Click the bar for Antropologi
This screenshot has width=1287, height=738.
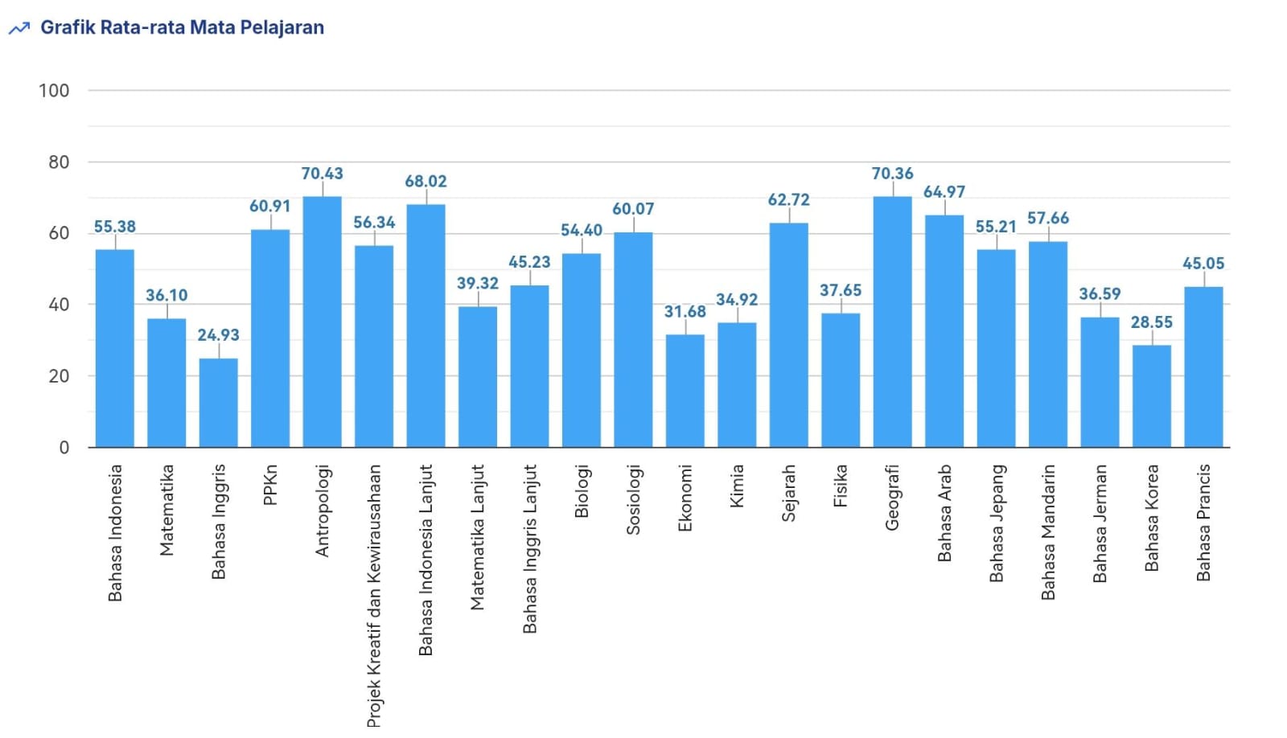point(322,322)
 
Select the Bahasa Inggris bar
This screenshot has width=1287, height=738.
point(218,403)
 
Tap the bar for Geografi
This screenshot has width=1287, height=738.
point(892,322)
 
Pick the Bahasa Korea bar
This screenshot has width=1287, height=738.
point(1151,396)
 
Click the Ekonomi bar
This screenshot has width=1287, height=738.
point(685,391)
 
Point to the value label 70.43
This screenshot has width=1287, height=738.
point(322,174)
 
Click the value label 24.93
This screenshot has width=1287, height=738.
point(218,335)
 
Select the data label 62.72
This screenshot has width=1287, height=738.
point(788,200)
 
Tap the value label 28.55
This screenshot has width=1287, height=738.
point(1151,322)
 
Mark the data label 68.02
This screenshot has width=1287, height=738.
point(426,182)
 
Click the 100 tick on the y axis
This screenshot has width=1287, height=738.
point(54,91)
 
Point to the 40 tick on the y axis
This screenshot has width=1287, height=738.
point(59,305)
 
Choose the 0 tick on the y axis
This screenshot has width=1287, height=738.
point(64,448)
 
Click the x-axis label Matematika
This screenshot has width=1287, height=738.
point(167,510)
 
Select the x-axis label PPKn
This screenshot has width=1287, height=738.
point(270,485)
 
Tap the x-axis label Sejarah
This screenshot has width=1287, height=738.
point(788,493)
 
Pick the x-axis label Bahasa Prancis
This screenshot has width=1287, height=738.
point(1203,523)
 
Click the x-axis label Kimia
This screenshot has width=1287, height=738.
point(737,486)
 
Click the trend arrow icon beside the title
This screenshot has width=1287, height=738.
point(19,29)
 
